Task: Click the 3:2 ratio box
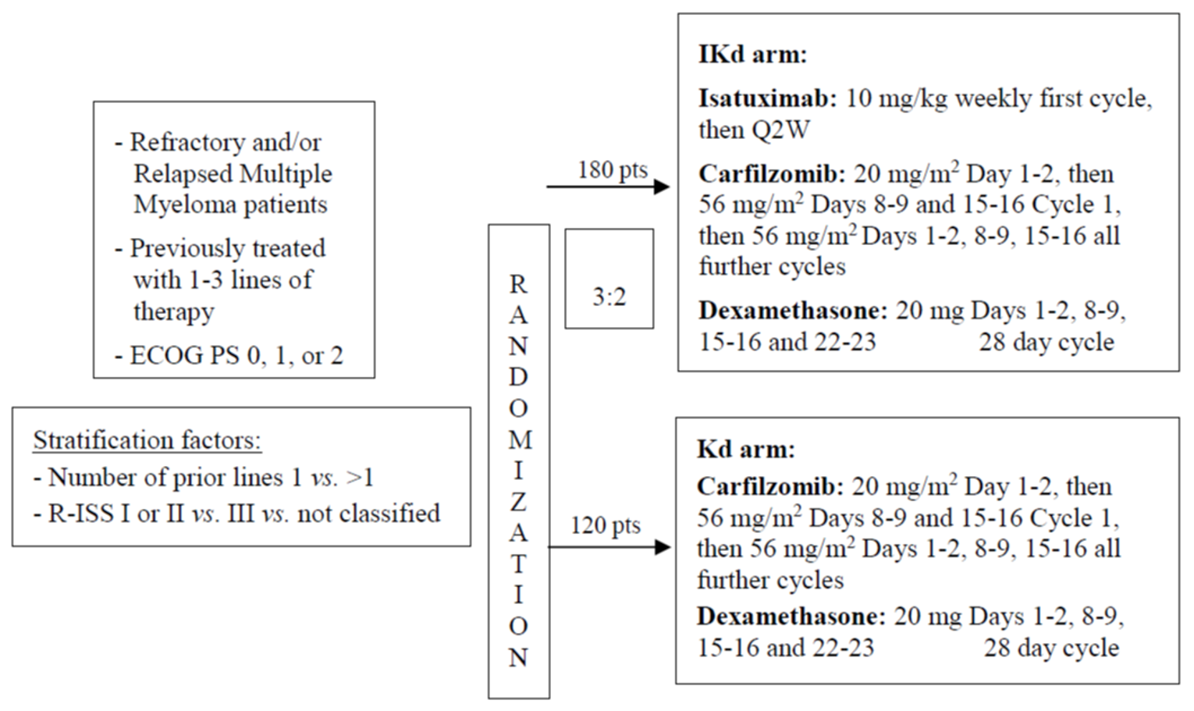tap(609, 279)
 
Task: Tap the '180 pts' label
tap(612, 170)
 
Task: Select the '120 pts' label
tap(605, 525)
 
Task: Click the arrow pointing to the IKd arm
tap(608, 187)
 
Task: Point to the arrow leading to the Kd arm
tap(609, 547)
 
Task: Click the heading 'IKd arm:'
tap(752, 55)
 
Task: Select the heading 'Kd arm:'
tap(745, 450)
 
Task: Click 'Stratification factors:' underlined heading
tap(147, 440)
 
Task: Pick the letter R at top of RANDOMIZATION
tap(518, 284)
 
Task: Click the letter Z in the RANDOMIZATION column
tap(518, 502)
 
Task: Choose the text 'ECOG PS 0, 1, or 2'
tap(236, 356)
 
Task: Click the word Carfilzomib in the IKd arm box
tap(771, 173)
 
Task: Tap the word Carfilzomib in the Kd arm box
tap(769, 486)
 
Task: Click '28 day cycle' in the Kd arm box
tap(1050, 648)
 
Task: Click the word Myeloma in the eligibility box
tap(180, 205)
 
